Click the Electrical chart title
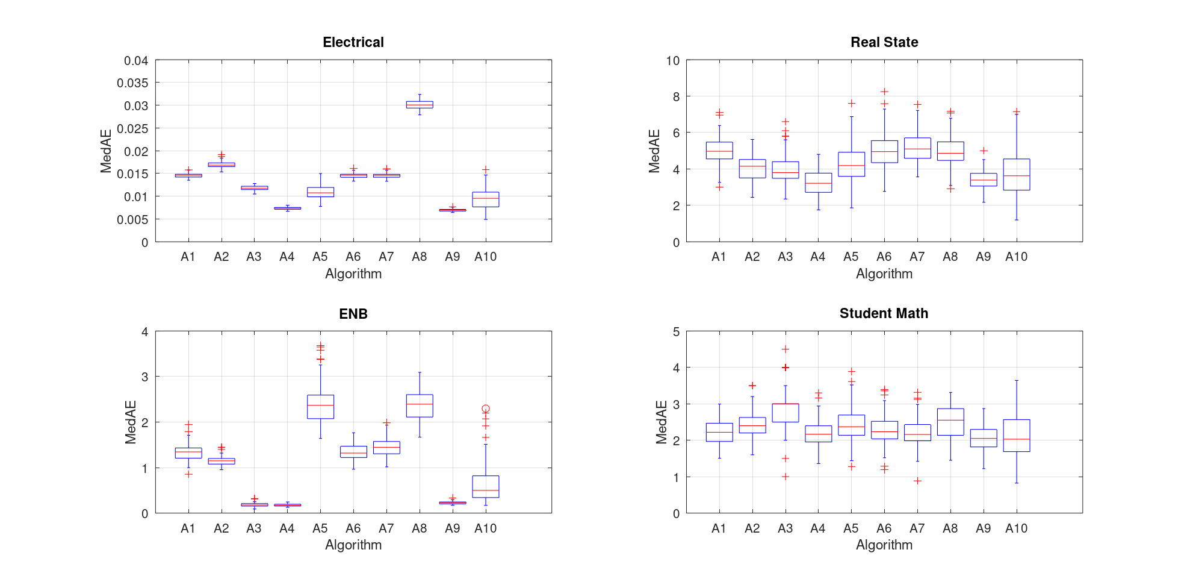coord(353,42)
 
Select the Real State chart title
coord(884,42)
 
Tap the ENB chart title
coord(353,314)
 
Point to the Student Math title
coord(884,313)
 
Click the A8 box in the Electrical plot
coord(420,105)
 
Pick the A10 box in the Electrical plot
coord(486,199)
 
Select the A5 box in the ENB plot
coord(321,407)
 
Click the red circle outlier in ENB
coord(486,409)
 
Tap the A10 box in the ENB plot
coord(486,486)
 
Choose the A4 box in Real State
coord(819,183)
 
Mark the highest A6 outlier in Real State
coord(884,92)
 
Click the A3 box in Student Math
coord(785,413)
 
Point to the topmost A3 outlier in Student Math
coord(785,349)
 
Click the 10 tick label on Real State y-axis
coord(673,61)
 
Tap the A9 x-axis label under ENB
coord(453,528)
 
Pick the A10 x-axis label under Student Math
coord(1017,528)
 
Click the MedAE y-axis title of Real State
coord(654,151)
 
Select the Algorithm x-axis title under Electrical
coord(353,274)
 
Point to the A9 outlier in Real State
coord(984,151)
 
